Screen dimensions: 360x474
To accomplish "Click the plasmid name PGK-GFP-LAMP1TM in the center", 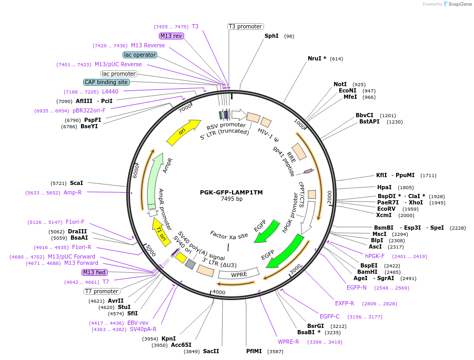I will click(x=231, y=192).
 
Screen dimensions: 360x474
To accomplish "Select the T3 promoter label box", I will click(x=246, y=26).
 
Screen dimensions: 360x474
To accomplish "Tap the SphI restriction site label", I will click(x=271, y=36).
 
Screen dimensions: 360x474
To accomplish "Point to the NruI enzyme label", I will click(x=317, y=59).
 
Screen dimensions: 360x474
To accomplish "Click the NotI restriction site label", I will click(x=340, y=84).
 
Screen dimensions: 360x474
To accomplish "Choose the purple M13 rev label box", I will click(x=172, y=36).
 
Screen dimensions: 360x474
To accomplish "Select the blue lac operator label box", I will click(x=140, y=55).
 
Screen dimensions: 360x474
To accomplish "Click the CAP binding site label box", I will click(x=106, y=82).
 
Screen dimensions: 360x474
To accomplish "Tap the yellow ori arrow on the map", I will click(x=183, y=132).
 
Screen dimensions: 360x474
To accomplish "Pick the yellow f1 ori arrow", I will click(x=158, y=229).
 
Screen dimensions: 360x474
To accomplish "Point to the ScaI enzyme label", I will click(x=76, y=183).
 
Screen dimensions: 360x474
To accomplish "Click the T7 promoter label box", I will click(x=102, y=291).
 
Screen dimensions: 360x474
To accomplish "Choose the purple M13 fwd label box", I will click(x=95, y=272).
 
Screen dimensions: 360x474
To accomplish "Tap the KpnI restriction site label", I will click(x=168, y=338).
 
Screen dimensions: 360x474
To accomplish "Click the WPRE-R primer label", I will click(x=288, y=342).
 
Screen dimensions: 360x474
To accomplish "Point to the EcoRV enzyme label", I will click(x=386, y=209).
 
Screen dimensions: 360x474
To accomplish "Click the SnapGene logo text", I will click(x=458, y=4).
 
